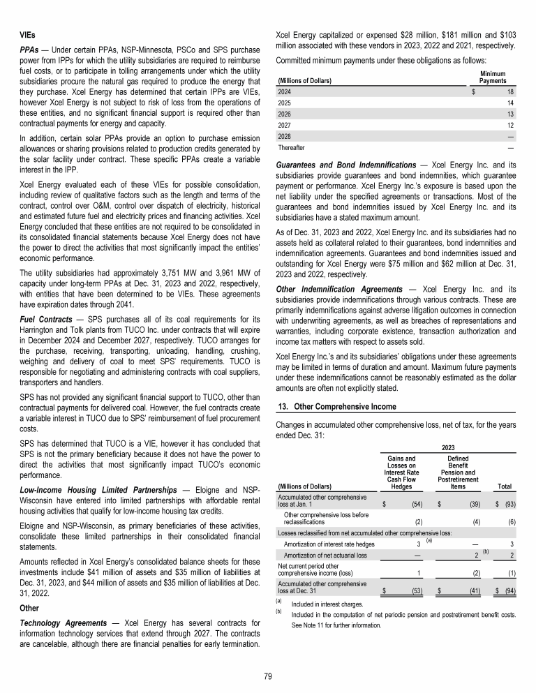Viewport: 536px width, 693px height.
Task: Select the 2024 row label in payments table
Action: click(x=285, y=91)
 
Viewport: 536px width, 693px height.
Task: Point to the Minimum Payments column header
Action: click(x=493, y=77)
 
